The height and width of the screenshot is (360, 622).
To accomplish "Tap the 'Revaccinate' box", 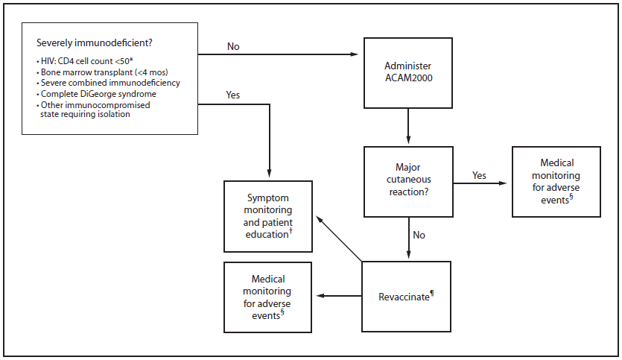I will pos(406,296).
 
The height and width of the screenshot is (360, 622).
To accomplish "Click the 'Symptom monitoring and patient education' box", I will pos(269,216).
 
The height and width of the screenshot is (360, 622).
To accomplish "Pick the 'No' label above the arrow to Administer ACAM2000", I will pos(233,46).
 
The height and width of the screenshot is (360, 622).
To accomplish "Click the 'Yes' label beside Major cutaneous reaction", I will pos(480,175).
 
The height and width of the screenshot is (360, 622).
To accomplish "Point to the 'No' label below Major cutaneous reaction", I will pos(419,235).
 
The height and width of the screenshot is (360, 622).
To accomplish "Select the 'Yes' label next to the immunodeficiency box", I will pos(233,95).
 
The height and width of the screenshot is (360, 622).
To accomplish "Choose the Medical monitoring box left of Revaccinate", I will pos(268,296).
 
